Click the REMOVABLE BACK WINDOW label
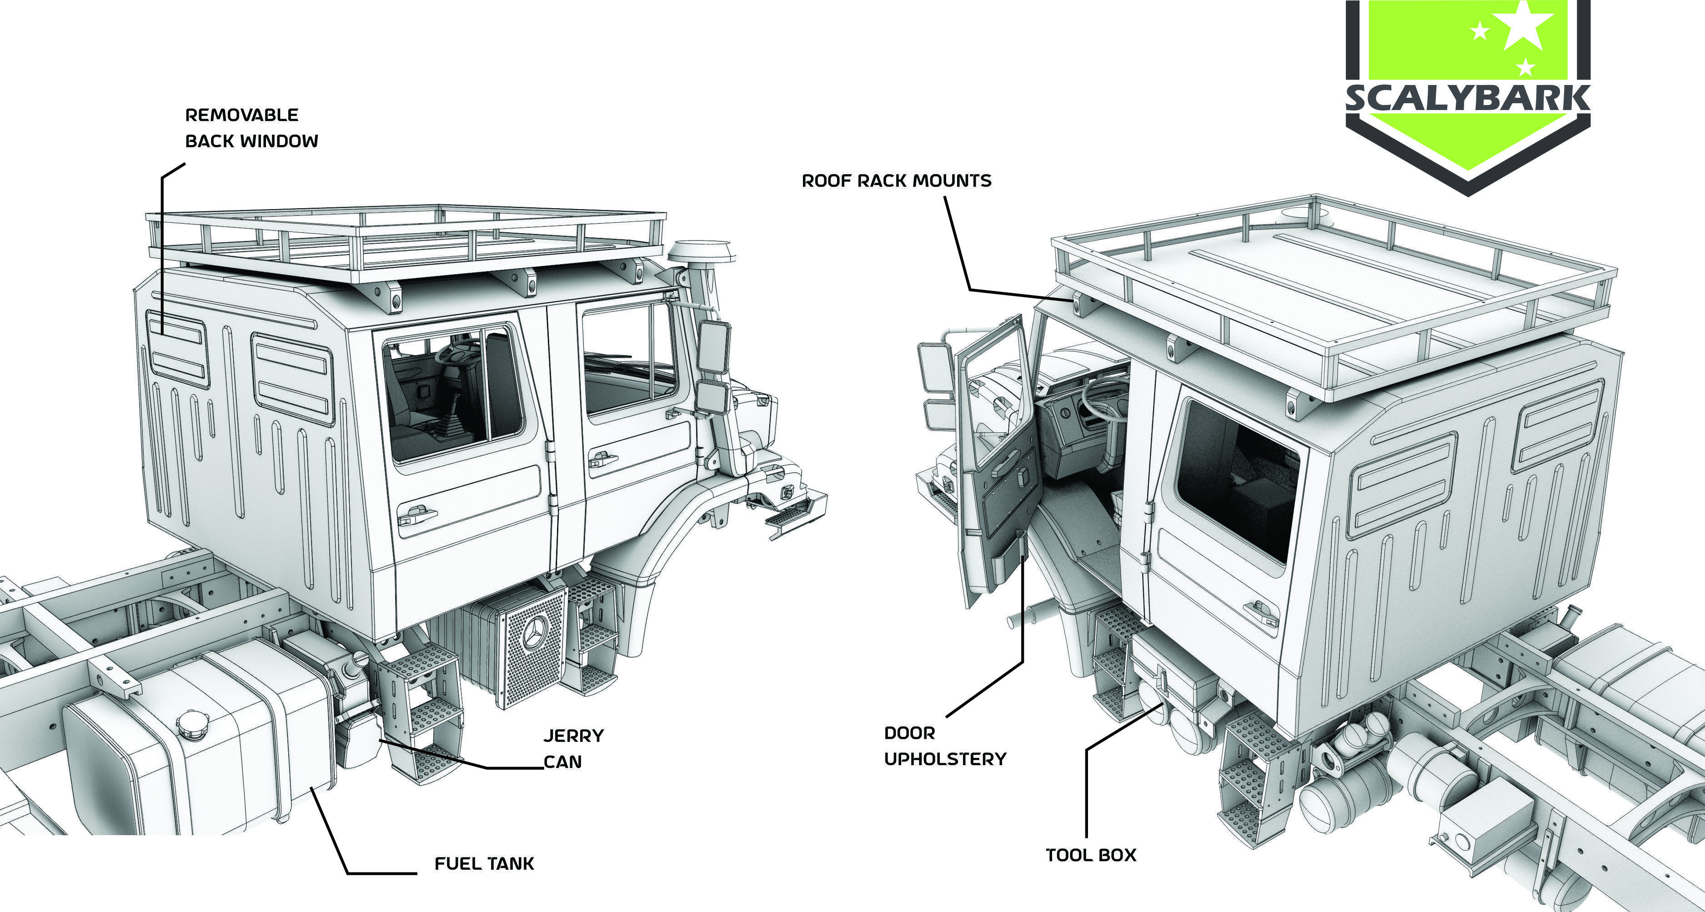point(251,128)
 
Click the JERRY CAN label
point(573,748)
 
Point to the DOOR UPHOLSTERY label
point(944,746)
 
